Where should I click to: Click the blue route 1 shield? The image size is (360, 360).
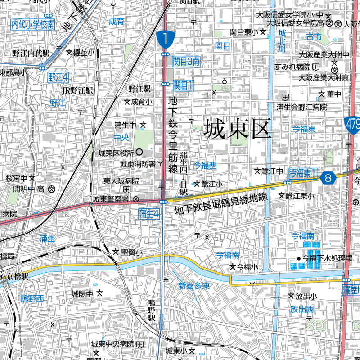coord(166,39)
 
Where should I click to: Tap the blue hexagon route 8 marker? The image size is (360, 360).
coord(329,178)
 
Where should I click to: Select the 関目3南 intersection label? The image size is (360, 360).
coord(186,62)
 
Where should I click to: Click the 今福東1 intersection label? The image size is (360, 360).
coord(303,172)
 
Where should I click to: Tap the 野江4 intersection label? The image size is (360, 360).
coord(58,77)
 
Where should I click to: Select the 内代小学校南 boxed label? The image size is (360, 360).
coord(33,24)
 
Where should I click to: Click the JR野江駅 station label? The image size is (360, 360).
coord(77,90)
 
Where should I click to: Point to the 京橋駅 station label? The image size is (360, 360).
coord(18,277)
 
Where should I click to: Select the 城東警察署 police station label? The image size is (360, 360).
coord(112,198)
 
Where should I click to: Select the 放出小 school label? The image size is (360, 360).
coord(306,296)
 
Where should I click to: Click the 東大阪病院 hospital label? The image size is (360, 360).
coord(121,181)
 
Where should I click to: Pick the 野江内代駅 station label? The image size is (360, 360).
coord(31,53)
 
